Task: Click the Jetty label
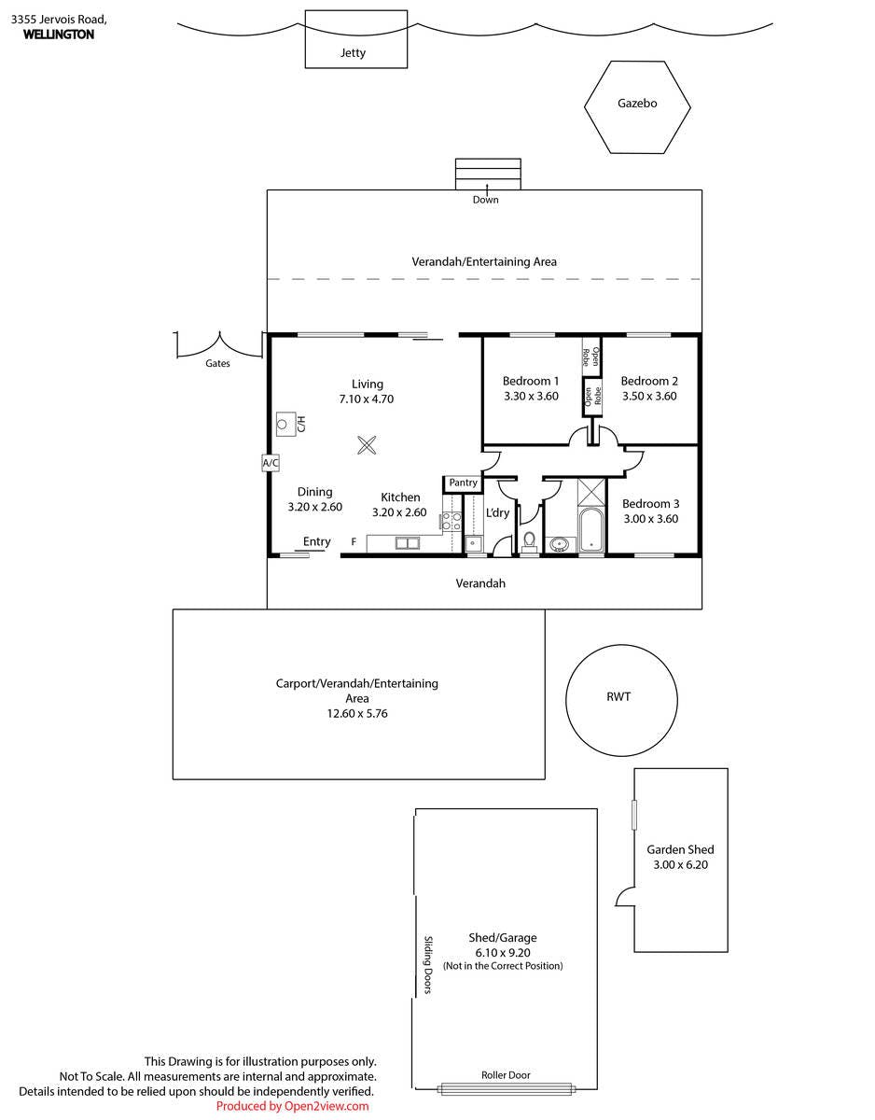click(353, 53)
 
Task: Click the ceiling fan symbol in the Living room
click(367, 445)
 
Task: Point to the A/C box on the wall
click(271, 462)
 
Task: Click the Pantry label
click(463, 483)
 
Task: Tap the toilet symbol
click(528, 540)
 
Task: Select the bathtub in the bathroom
click(591, 530)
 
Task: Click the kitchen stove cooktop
click(451, 521)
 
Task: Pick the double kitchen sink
click(408, 543)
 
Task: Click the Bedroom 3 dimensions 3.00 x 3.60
click(651, 519)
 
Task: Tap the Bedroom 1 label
click(531, 381)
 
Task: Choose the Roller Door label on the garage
click(506, 1074)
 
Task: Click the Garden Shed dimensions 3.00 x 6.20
click(680, 865)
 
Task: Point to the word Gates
click(217, 363)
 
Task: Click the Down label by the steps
click(486, 200)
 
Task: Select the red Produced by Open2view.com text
click(293, 1106)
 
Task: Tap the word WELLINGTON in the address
click(59, 35)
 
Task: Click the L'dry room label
click(497, 512)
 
